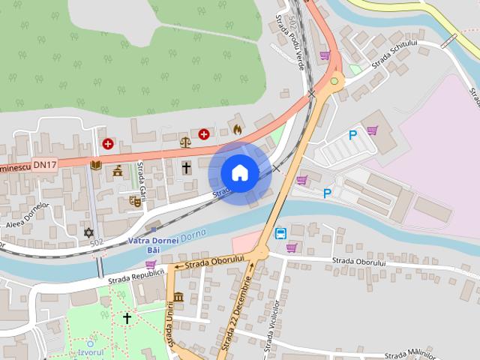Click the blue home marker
pyautogui.click(x=239, y=172)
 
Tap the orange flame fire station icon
pyautogui.click(x=238, y=129)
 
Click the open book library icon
pyautogui.click(x=96, y=165)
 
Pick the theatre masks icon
pyautogui.click(x=136, y=200)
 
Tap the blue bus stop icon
pyautogui.click(x=280, y=233)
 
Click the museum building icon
pyautogui.click(x=178, y=297)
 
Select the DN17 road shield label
pyautogui.click(x=45, y=164)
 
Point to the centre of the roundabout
pyautogui.click(x=334, y=80)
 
